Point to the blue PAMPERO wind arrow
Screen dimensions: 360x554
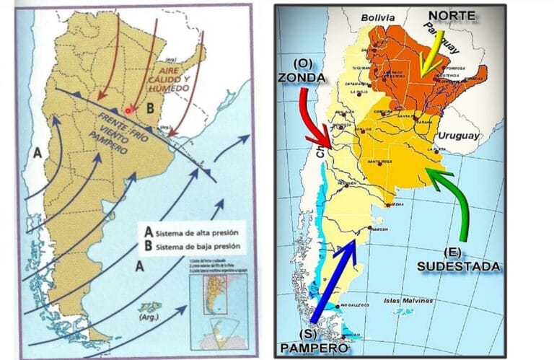pyautogui.click(x=333, y=282)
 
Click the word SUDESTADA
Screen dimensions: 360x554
pyautogui.click(x=458, y=266)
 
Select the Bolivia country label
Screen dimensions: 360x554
pyautogui.click(x=380, y=17)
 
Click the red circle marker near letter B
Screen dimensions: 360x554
pyautogui.click(x=128, y=110)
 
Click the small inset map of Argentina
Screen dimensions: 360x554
pyautogui.click(x=211, y=291)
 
